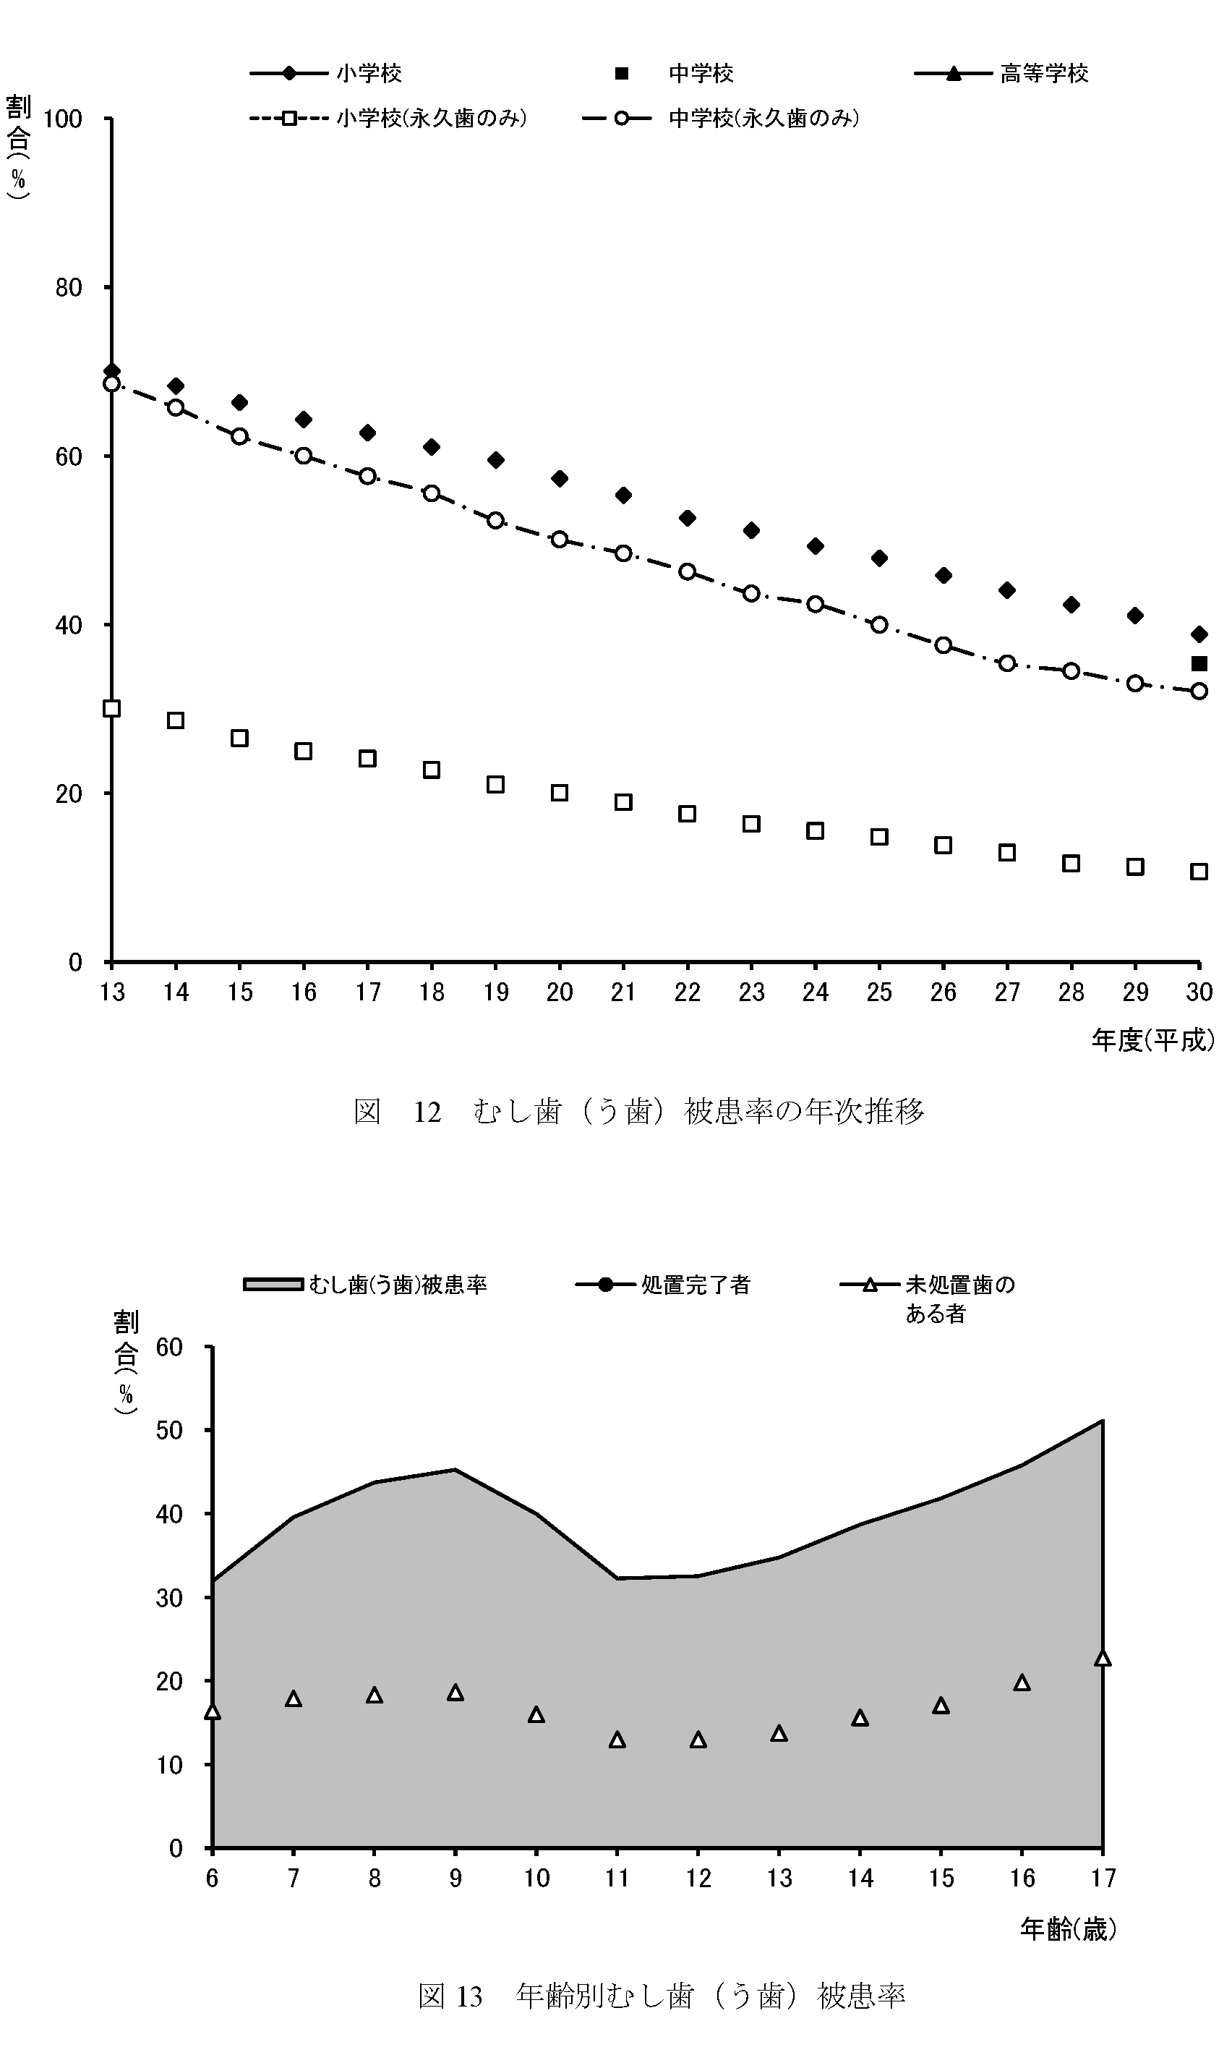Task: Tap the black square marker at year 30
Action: pyautogui.click(x=1199, y=663)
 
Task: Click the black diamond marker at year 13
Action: pyautogui.click(x=112, y=371)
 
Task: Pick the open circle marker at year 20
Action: pyautogui.click(x=560, y=540)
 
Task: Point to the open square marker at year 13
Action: pyautogui.click(x=112, y=708)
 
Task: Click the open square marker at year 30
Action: pyautogui.click(x=1199, y=871)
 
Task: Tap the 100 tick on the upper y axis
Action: pyautogui.click(x=63, y=119)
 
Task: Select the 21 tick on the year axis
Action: pyautogui.click(x=623, y=992)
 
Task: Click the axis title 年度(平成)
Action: pyautogui.click(x=1152, y=1039)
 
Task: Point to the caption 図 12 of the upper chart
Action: pyautogui.click(x=638, y=1111)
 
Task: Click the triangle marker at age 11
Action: pyautogui.click(x=617, y=1740)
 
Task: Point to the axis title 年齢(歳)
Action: pyautogui.click(x=1068, y=1930)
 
